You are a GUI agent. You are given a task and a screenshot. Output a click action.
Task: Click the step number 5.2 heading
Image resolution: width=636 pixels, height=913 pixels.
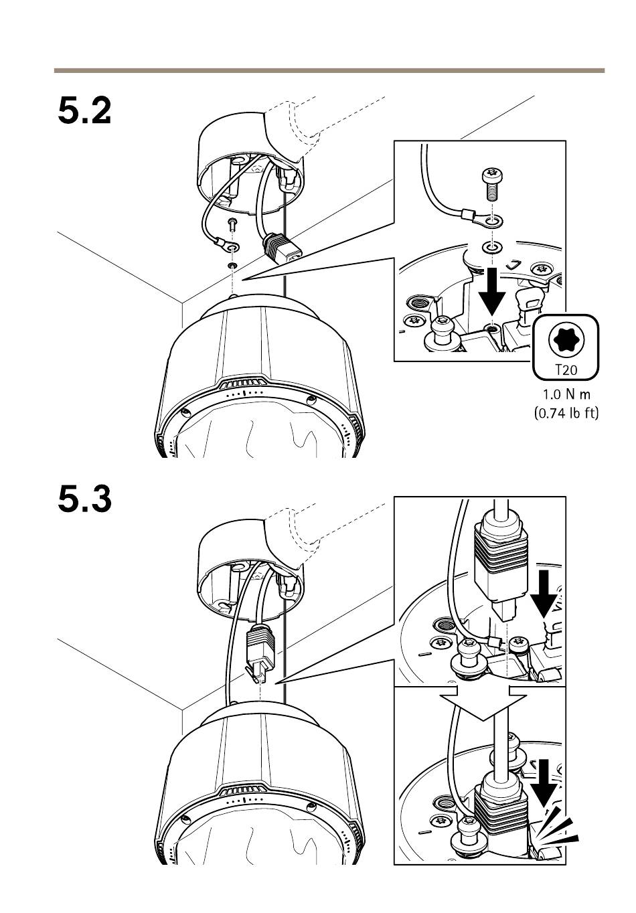coord(84,110)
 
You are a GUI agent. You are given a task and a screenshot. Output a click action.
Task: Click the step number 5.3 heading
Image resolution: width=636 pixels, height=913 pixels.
coord(84,499)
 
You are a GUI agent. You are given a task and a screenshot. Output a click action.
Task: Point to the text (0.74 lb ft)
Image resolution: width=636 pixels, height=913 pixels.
coord(566,412)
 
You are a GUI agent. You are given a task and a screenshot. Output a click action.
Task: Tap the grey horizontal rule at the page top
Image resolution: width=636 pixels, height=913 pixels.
coord(329,70)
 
